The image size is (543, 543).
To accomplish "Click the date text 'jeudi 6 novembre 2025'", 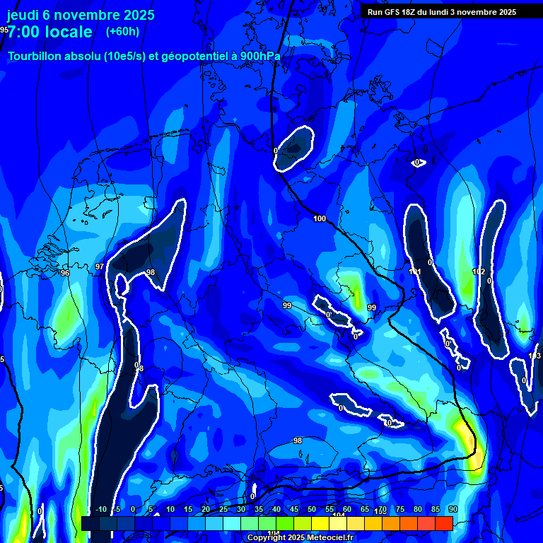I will point(81,15).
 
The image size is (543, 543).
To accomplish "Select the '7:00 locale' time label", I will point(49,32).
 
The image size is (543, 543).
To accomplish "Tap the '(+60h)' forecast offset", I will point(122,31).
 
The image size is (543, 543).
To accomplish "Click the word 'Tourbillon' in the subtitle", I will point(35,57).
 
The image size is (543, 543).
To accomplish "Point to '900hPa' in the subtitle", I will point(259,57).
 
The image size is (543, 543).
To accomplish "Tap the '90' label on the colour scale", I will point(452,510).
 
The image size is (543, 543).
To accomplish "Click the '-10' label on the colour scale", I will point(101,510).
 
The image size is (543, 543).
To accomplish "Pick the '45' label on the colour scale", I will point(293,510).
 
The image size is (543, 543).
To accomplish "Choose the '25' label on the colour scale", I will point(223,510).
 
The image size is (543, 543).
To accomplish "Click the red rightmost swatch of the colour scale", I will point(443,523).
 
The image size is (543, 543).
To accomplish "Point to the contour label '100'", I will point(320,219).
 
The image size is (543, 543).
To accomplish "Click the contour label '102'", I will point(479,272).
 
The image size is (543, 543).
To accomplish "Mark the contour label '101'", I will point(415,272).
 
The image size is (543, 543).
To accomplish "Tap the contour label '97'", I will point(100,267).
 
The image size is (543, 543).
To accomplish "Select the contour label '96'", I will point(65,273).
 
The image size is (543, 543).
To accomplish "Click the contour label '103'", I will point(535,356).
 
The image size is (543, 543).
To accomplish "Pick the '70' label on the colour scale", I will point(382,510).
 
